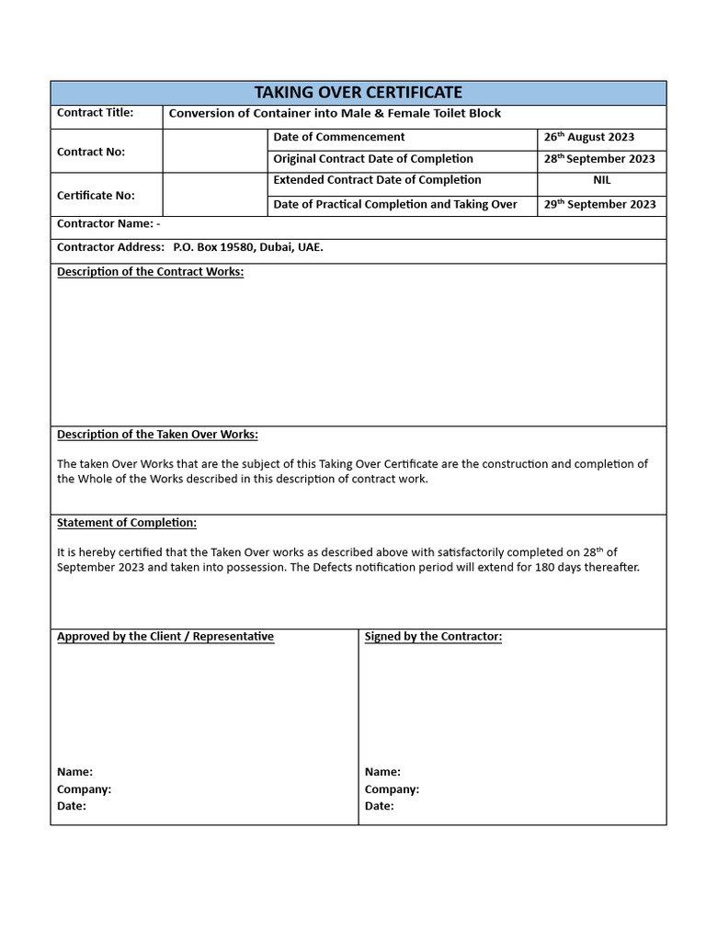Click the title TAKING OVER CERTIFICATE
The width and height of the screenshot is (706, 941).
pyautogui.click(x=358, y=93)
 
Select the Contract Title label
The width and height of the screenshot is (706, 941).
pyautogui.click(x=95, y=113)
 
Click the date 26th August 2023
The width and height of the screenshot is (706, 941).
pyautogui.click(x=588, y=137)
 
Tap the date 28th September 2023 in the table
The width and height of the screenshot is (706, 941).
pyautogui.click(x=599, y=159)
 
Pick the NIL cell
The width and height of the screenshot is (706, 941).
pyautogui.click(x=601, y=180)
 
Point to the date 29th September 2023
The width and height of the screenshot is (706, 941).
pyautogui.click(x=599, y=204)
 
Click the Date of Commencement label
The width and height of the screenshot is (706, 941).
pyautogui.click(x=338, y=137)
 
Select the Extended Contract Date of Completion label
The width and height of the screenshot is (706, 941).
pyautogui.click(x=377, y=180)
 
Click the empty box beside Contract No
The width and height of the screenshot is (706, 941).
pyautogui.click(x=215, y=151)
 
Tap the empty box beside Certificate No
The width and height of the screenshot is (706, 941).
pyautogui.click(x=215, y=195)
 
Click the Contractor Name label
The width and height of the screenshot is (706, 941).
pyautogui.click(x=108, y=223)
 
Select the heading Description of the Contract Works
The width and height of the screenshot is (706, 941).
pyautogui.click(x=150, y=272)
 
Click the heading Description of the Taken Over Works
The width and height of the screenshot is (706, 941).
pyautogui.click(x=157, y=435)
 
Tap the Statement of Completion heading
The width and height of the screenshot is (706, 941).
pyautogui.click(x=127, y=523)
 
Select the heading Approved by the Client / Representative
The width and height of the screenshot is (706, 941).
pyautogui.click(x=165, y=637)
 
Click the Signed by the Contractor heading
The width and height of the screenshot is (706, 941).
pyautogui.click(x=433, y=637)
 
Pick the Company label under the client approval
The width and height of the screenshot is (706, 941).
pyautogui.click(x=84, y=789)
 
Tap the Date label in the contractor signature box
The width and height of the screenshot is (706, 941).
pyautogui.click(x=379, y=806)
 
